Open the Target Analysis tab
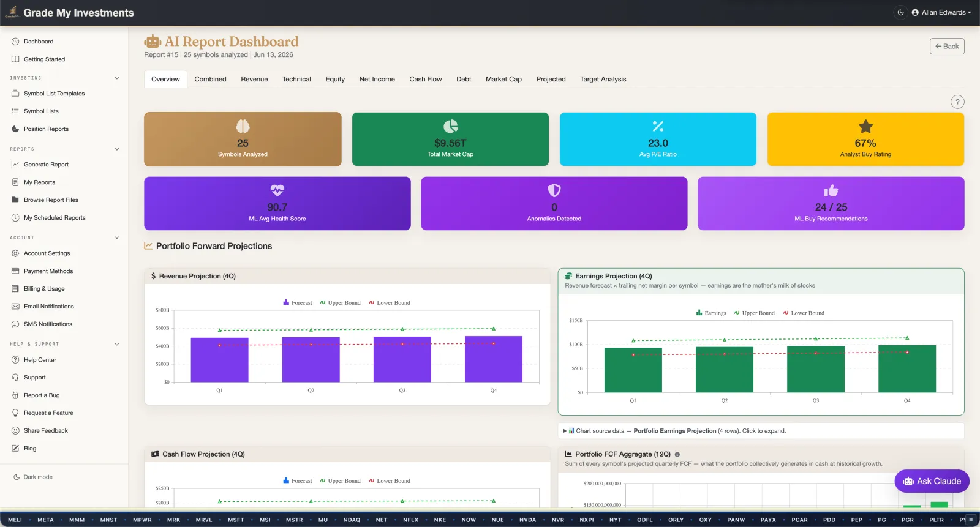pos(603,79)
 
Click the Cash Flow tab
pos(425,79)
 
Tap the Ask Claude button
pos(932,481)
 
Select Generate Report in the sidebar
pos(46,165)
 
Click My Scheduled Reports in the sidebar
pos(55,217)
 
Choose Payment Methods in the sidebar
pos(48,271)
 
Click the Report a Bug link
pos(42,395)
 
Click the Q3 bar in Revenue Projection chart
pos(402,359)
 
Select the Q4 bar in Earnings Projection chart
pos(907,368)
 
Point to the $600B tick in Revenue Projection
pos(162,328)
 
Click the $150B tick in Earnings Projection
pos(576,320)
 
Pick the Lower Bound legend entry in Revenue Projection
pos(390,302)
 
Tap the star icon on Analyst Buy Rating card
pos(865,126)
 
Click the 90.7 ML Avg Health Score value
pos(277,207)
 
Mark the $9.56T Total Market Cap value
pos(450,143)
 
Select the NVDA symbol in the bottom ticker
pos(527,520)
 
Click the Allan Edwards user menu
pos(941,12)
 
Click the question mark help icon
pos(957,102)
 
